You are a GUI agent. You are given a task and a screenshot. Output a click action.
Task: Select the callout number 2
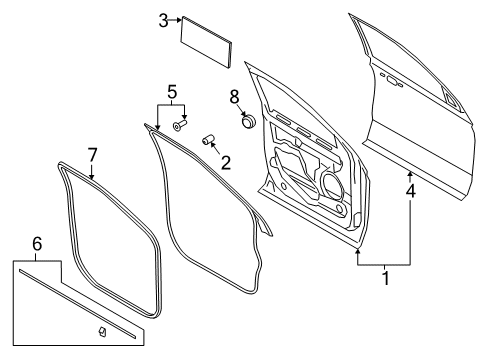pyautogui.click(x=226, y=160)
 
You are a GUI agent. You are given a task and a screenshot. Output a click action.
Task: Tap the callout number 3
pyautogui.click(x=162, y=19)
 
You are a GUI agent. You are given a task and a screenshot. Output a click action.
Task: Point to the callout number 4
pyautogui.click(x=410, y=187)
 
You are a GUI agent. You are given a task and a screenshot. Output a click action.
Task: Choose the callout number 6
pyautogui.click(x=37, y=243)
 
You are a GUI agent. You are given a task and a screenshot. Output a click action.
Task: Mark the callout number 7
pyautogui.click(x=92, y=154)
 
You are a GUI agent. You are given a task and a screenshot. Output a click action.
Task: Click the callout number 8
pyautogui.click(x=236, y=97)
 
